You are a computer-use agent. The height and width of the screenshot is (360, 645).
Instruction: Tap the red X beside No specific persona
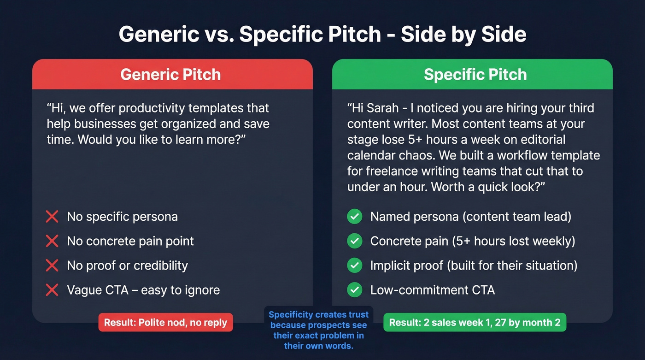[x=52, y=217]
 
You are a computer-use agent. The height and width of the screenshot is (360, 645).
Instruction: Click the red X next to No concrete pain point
[x=52, y=241]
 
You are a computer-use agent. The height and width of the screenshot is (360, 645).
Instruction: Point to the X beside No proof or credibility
[x=52, y=266]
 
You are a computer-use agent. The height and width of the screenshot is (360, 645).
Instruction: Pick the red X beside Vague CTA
[x=52, y=290]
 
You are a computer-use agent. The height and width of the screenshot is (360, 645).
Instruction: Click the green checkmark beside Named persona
[x=354, y=217]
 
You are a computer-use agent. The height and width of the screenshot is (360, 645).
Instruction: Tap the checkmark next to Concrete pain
[x=354, y=241]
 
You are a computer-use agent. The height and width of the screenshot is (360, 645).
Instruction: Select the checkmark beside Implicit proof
[x=354, y=266]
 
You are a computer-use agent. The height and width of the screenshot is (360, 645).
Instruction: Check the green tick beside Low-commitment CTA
[x=354, y=290]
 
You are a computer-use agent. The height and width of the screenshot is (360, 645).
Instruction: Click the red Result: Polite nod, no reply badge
[x=165, y=322]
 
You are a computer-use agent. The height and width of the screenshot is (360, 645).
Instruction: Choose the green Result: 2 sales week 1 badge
[x=475, y=322]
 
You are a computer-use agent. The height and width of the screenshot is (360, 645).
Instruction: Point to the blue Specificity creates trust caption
[x=319, y=330]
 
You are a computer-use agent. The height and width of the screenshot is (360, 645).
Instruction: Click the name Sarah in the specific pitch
[x=381, y=109]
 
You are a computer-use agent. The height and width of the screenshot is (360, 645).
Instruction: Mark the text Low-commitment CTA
[x=432, y=290]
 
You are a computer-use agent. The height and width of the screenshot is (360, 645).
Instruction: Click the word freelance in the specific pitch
[x=391, y=171]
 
